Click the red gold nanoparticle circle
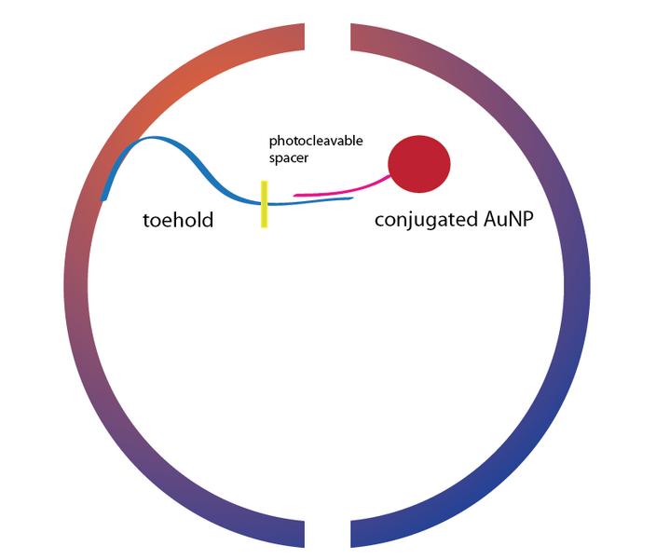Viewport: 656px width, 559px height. [x=418, y=164]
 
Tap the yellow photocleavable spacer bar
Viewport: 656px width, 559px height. [x=265, y=205]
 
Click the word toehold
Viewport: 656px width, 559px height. [x=177, y=221]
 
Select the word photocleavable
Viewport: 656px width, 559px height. [x=316, y=141]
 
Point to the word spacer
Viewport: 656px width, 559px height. [x=289, y=158]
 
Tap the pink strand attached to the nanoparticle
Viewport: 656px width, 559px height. [x=345, y=189]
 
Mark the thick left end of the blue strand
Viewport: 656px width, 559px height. [x=105, y=196]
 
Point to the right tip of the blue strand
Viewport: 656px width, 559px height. [x=352, y=198]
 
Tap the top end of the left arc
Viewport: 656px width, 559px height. [x=302, y=35]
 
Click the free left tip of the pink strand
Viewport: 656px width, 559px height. [x=295, y=195]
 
